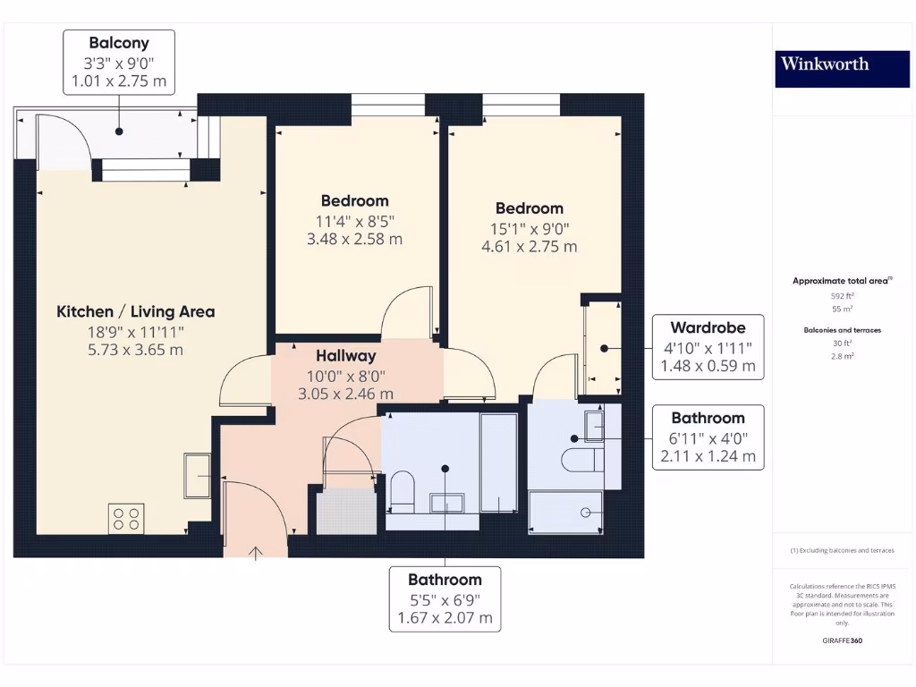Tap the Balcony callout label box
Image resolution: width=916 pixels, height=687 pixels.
pos(119,62)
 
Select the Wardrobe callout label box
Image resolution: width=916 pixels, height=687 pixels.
pos(707,347)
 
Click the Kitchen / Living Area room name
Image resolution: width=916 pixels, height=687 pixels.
pos(136,311)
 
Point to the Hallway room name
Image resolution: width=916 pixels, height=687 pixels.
pos(345,356)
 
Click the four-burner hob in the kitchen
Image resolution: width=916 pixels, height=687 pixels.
pos(126,519)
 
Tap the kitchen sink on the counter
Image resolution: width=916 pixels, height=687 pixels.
pos(197,475)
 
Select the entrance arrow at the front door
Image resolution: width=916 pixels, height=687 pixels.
pos(256,553)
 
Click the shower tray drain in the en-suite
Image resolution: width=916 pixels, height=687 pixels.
pos(586,513)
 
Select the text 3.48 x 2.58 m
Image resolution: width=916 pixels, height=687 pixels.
pos(355,239)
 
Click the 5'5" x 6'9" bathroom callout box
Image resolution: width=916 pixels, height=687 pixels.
pos(445,598)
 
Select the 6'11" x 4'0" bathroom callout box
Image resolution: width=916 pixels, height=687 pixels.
pos(707,437)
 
